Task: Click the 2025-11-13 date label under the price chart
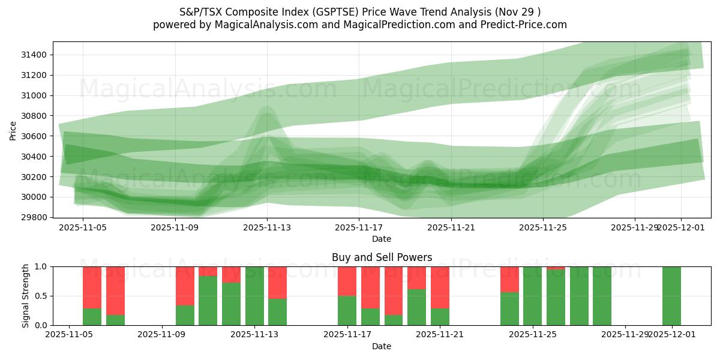267,228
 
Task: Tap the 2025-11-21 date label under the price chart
451,228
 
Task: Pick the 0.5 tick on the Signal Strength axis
43,296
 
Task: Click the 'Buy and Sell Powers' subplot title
382,257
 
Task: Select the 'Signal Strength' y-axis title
26,296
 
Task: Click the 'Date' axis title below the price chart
382,239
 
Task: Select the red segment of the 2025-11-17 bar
347,281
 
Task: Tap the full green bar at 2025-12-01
671,296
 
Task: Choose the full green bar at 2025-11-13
254,296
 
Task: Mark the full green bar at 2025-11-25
532,296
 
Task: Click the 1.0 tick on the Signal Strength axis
43,266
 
